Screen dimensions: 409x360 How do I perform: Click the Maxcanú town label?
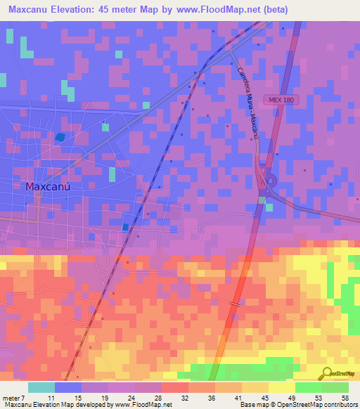coord(49,187)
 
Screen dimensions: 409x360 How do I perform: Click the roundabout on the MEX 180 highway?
coord(270,181)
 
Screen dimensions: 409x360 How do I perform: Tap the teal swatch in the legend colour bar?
coord(41,387)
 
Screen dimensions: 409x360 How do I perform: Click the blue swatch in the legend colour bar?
coord(68,387)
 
